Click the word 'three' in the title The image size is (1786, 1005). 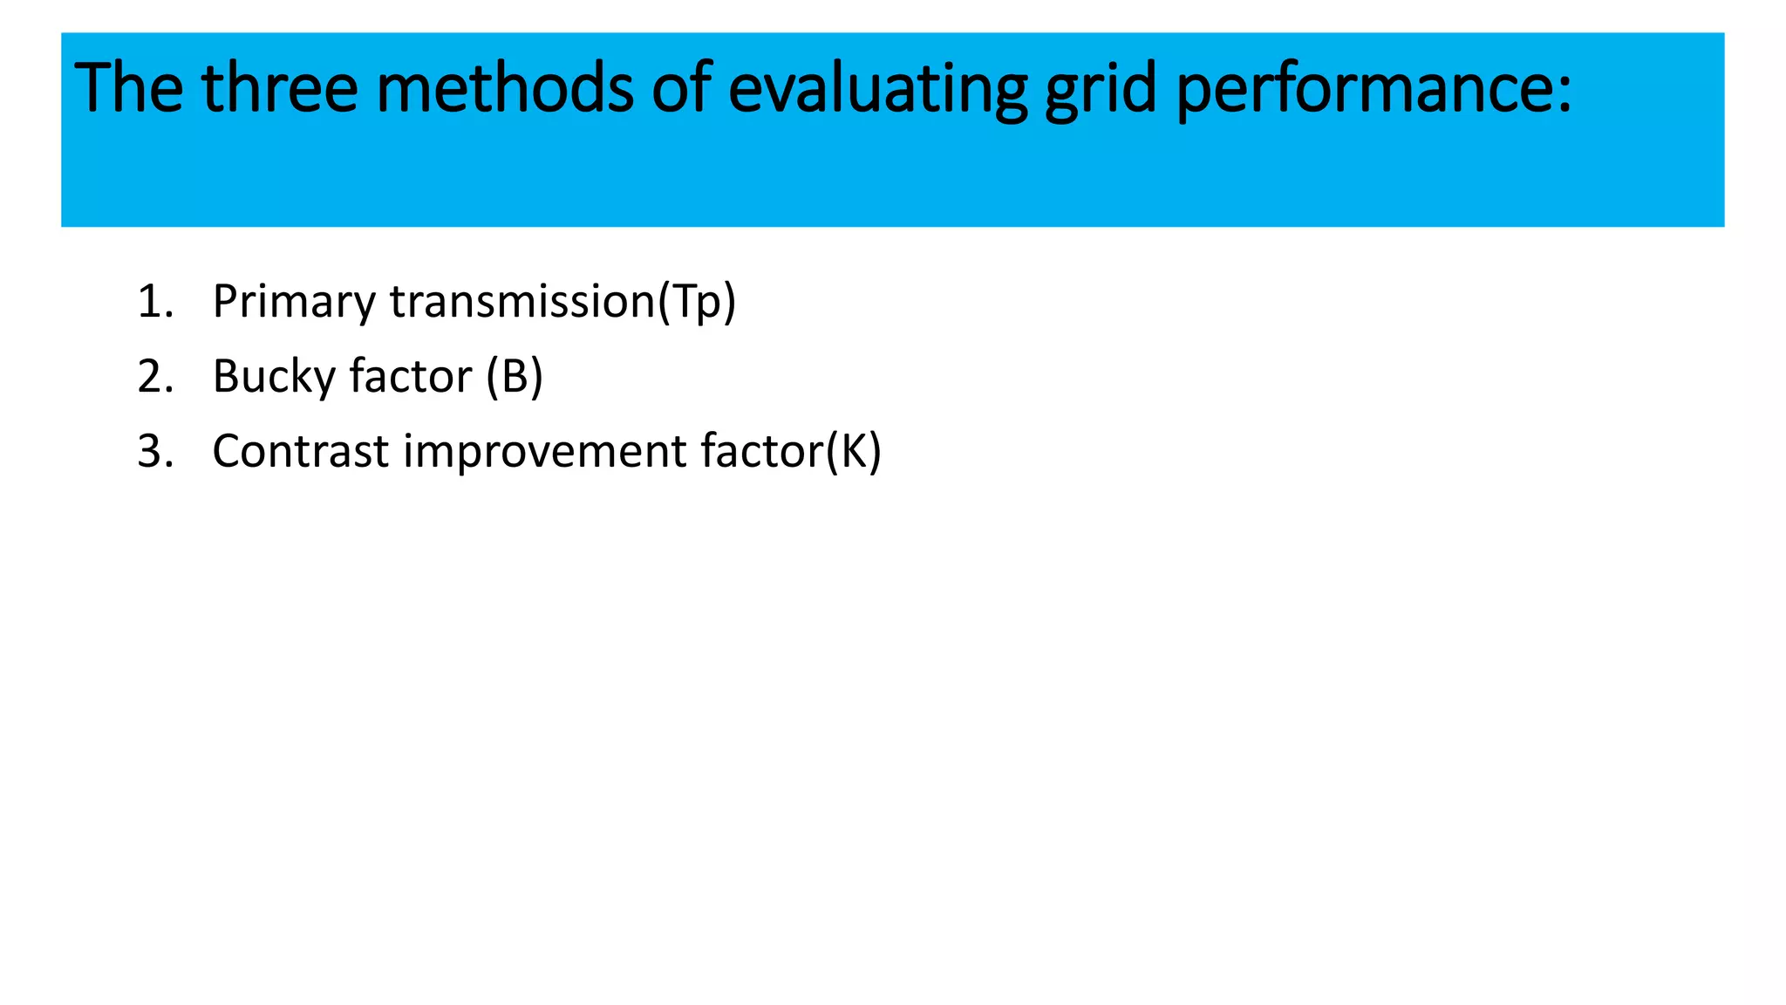tap(279, 88)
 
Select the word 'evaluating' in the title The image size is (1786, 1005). tap(877, 90)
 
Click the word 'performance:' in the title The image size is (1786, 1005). tap(1374, 90)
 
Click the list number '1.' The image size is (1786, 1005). tap(155, 301)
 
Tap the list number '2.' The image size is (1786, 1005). tap(155, 376)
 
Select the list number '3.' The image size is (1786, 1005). tap(155, 451)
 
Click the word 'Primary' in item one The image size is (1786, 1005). tap(294, 303)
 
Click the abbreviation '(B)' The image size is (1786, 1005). tap(515, 377)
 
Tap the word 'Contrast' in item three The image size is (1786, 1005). tap(301, 451)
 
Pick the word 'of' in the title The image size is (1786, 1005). tap(682, 88)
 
